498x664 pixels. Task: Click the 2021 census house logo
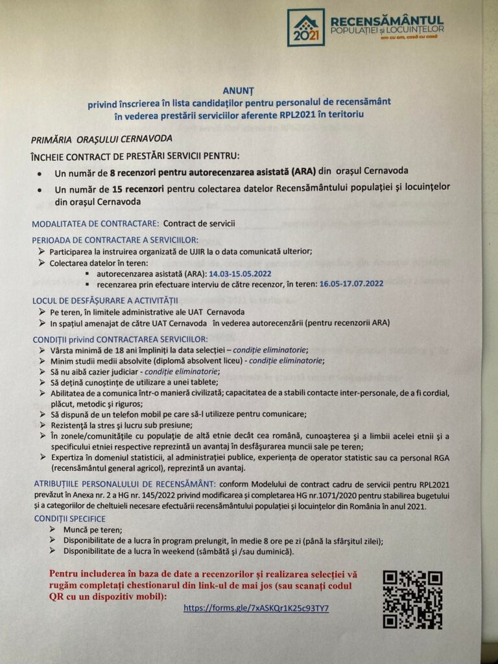click(305, 27)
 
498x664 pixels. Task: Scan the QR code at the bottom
click(412, 599)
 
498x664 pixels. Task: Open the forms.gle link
click(256, 608)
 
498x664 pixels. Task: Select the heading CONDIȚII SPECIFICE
click(70, 519)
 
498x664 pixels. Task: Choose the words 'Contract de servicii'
click(199, 224)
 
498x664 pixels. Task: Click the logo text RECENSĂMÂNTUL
click(386, 20)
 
